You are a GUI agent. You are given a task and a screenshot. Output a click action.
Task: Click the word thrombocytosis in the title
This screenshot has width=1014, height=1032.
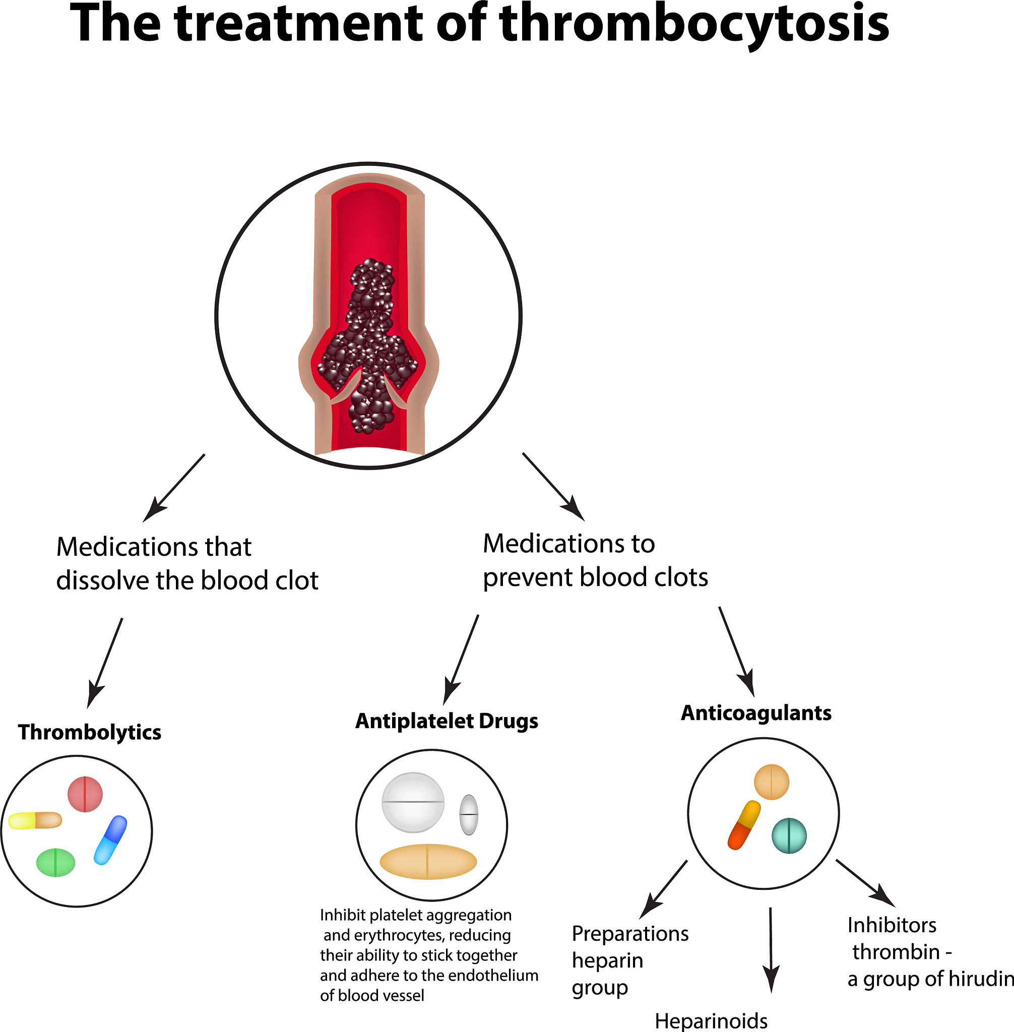click(x=694, y=24)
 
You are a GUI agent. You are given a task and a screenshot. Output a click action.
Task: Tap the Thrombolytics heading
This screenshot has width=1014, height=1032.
click(x=90, y=732)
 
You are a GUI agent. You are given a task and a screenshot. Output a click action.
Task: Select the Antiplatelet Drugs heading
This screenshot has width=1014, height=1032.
click(x=447, y=721)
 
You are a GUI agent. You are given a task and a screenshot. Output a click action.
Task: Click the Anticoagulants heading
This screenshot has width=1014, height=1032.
click(x=755, y=713)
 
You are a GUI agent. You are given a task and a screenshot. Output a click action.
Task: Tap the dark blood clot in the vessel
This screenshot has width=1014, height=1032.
click(x=368, y=346)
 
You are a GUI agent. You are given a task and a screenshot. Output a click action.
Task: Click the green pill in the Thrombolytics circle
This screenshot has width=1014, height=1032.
click(x=55, y=862)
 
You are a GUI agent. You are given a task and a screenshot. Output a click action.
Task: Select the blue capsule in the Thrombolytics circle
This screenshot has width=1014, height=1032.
click(x=110, y=840)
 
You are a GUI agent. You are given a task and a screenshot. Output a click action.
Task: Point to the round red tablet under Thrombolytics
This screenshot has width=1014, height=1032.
click(x=85, y=794)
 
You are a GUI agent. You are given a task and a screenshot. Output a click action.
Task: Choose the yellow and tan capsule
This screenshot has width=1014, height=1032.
click(x=35, y=820)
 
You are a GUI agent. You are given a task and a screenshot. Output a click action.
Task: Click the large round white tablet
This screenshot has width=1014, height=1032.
click(x=413, y=802)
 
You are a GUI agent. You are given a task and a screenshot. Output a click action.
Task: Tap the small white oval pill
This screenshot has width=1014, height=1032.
click(x=469, y=814)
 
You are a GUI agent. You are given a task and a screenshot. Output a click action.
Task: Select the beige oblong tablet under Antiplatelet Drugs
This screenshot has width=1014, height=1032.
click(x=428, y=861)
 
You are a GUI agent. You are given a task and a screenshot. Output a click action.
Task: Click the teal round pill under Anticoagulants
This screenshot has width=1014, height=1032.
click(x=789, y=835)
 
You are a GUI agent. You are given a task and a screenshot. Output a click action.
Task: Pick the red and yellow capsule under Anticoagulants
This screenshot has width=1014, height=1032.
click(x=744, y=825)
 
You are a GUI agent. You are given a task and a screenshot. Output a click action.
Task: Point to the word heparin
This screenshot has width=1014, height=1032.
click(x=607, y=960)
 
